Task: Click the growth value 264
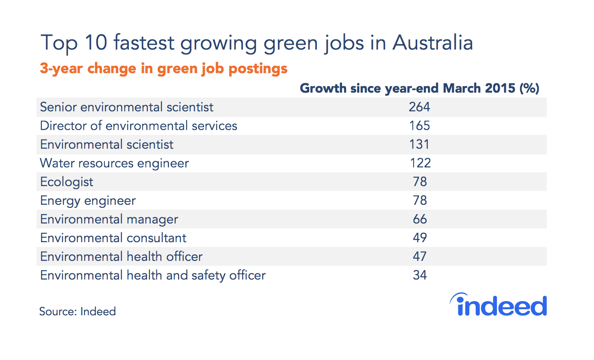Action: tap(419, 107)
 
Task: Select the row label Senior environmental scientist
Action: tap(126, 107)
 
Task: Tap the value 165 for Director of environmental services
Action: tap(419, 126)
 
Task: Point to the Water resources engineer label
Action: tap(114, 163)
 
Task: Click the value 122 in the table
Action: tap(420, 163)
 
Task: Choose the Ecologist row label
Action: tap(67, 182)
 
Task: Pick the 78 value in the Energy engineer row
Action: tap(420, 200)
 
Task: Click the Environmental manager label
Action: tap(109, 219)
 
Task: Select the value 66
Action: tap(420, 219)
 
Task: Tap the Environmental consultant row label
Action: tap(113, 238)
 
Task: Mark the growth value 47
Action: tap(420, 256)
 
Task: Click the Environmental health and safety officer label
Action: tap(153, 275)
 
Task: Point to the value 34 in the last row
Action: tap(420, 275)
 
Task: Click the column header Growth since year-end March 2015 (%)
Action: tap(419, 88)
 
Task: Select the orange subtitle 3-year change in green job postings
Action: tap(163, 68)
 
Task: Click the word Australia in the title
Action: tap(432, 43)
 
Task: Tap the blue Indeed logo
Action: tap(499, 305)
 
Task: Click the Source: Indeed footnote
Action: tap(78, 311)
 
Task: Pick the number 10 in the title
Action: tap(96, 43)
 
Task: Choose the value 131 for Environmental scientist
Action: tap(419, 144)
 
